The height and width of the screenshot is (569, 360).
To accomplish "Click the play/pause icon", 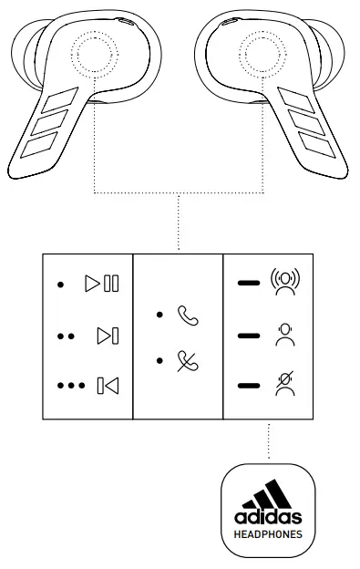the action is [102, 284].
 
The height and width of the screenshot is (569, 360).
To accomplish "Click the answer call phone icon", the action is [188, 316].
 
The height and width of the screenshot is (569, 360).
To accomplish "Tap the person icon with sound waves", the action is [285, 284].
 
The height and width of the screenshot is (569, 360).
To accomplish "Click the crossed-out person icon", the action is [285, 386].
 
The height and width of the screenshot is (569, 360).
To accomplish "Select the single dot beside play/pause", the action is [60, 284].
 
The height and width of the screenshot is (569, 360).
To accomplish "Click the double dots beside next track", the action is [65, 336].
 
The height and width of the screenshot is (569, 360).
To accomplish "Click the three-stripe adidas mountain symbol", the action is [268, 493].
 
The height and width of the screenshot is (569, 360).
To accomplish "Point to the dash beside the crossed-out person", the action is [247, 386].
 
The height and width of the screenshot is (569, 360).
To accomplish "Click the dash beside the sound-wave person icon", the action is [247, 284].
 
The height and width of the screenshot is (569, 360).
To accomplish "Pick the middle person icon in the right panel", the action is [285, 335].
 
